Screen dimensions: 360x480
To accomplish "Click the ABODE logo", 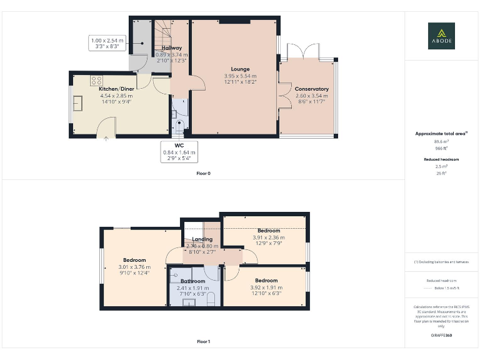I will (441, 36).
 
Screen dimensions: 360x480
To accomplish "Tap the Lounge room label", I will (240, 69).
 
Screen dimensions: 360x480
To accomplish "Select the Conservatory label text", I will (312, 89).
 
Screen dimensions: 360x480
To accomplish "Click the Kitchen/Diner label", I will (116, 89).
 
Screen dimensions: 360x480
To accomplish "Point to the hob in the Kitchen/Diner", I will (97, 80).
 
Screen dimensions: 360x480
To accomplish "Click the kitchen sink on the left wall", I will (77, 103).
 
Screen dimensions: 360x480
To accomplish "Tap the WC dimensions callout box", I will (179, 152).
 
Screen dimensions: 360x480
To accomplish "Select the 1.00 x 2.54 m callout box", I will (107, 43).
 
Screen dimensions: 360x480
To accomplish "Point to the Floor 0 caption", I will (203, 173).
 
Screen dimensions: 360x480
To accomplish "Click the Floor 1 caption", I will (203, 342).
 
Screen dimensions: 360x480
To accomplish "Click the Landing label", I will (202, 239).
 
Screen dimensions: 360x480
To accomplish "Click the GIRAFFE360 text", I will (441, 336).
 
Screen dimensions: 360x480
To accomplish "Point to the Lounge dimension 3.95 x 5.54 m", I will (240, 76).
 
